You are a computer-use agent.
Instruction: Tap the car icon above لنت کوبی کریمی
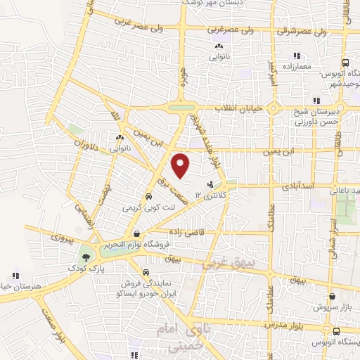[x=148, y=197]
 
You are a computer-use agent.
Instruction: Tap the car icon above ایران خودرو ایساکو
[x=145, y=271]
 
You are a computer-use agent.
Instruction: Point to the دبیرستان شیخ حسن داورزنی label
[x=331, y=117]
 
